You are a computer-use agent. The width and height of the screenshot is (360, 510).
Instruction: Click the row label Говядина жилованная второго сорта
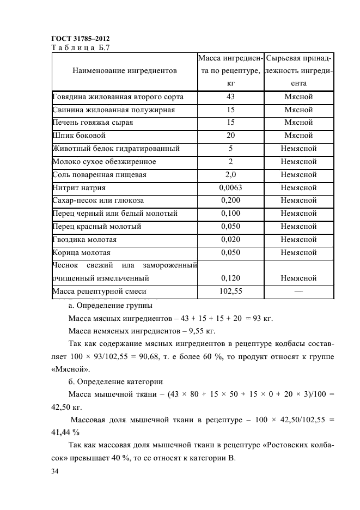coord(118,97)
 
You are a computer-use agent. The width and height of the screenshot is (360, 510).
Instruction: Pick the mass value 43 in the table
coord(230,97)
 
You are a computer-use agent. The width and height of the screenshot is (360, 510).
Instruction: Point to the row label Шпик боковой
coord(79,136)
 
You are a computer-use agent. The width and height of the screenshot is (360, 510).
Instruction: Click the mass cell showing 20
coord(230,136)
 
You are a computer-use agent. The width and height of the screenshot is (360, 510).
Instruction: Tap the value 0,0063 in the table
coord(230,187)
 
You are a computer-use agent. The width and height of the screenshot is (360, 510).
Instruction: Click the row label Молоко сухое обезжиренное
coord(104,162)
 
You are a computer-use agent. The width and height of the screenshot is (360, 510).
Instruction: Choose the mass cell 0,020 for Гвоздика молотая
coord(230,239)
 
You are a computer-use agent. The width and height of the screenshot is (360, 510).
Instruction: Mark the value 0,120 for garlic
coord(230,278)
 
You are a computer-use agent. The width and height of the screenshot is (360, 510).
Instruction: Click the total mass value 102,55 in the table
coord(230,292)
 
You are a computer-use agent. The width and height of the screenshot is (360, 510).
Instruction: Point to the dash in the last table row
coord(298,292)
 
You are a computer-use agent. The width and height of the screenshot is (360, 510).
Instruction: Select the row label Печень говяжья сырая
coord(93,123)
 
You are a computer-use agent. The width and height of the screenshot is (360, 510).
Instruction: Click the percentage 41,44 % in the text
coord(65,432)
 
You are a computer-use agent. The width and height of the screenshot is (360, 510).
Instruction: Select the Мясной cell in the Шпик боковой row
coord(298,136)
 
